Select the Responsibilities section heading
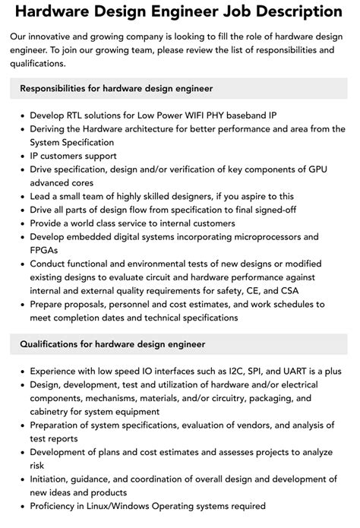pos(115,88)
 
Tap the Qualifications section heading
pos(112,344)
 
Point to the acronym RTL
pos(78,115)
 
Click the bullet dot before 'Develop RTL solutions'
pos(21,115)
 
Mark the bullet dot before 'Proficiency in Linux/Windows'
pos(21,506)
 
